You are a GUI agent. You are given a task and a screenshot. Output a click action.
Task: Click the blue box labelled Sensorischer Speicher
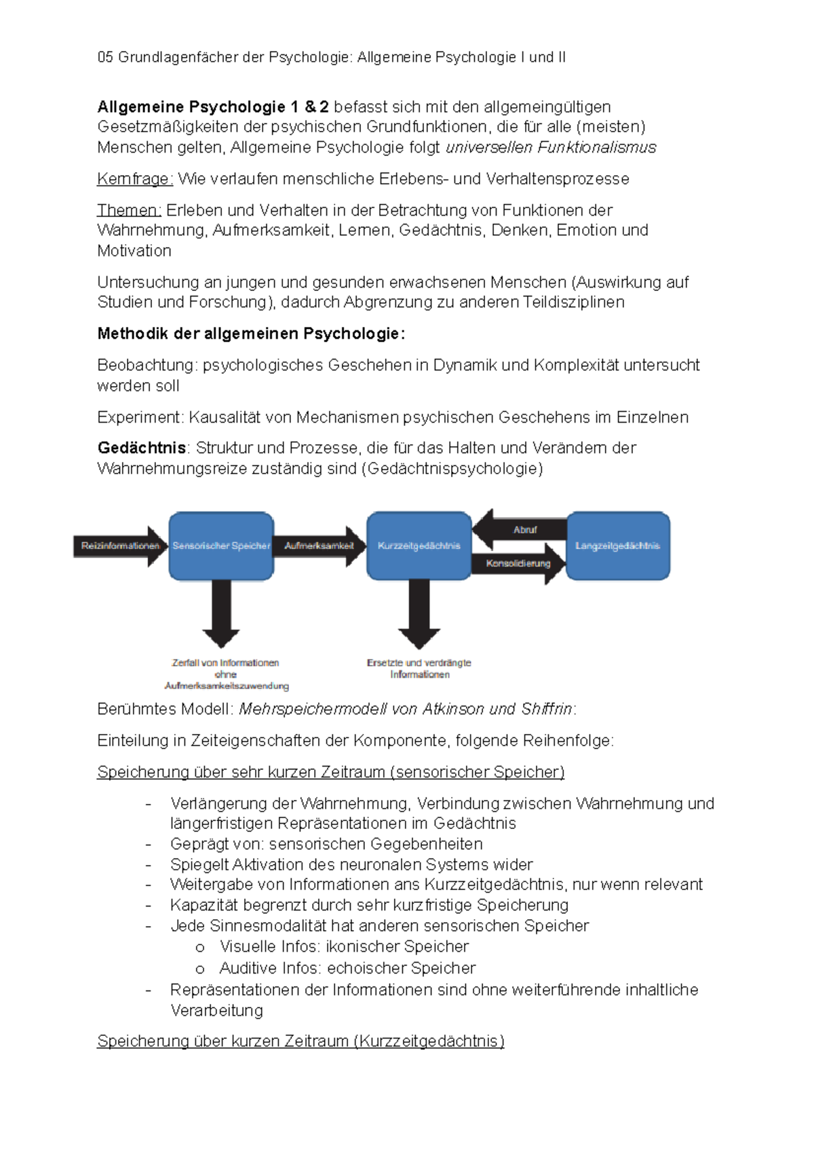[x=221, y=546]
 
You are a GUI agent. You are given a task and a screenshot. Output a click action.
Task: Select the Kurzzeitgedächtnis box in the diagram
[x=419, y=546]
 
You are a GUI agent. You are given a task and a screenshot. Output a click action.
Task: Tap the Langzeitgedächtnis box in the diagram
[x=617, y=546]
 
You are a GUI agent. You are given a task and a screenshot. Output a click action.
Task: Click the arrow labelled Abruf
[x=522, y=530]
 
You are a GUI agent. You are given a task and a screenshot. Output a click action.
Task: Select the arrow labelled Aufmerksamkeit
[x=319, y=546]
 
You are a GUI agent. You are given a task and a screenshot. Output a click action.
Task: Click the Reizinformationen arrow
[x=119, y=546]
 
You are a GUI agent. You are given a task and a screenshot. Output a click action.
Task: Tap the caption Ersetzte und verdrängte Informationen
[x=419, y=668]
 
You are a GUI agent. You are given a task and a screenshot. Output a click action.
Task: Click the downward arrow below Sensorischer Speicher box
[x=221, y=614]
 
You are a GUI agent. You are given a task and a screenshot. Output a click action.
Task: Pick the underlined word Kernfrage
[x=135, y=179]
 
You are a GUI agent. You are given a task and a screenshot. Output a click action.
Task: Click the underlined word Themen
[x=129, y=210]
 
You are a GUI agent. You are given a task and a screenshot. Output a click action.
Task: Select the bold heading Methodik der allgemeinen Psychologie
[x=251, y=334]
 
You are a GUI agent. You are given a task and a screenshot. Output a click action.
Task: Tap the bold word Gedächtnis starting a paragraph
[x=141, y=448]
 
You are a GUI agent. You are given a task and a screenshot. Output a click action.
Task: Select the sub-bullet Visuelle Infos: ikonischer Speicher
[x=343, y=946]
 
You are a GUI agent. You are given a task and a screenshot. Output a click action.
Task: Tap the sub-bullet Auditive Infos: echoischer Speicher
[x=347, y=968]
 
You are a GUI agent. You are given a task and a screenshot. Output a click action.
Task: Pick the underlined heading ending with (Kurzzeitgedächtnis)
[x=301, y=1041]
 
